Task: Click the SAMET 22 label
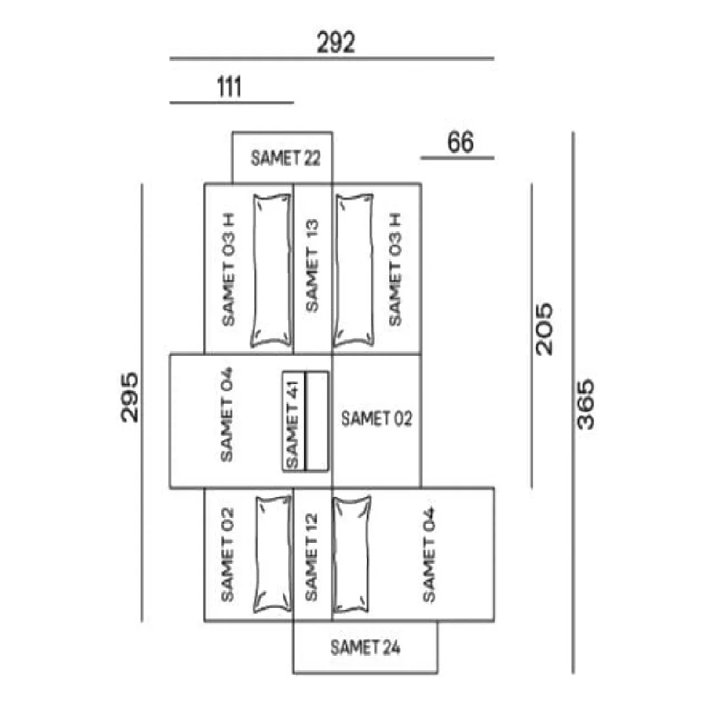point(286,158)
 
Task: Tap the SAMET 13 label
point(312,266)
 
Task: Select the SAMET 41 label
point(293,424)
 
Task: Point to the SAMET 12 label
point(312,557)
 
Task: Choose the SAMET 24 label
point(366,647)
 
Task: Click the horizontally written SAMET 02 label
point(377,419)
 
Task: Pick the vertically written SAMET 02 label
point(227,555)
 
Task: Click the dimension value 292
point(336,43)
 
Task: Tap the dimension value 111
point(229,87)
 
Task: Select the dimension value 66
point(460,142)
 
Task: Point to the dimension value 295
point(130,397)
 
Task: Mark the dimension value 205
point(544,329)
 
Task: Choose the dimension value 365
point(586,404)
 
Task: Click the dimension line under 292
point(332,58)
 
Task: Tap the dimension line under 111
point(232,102)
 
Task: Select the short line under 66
point(457,158)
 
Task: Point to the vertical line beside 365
point(573,402)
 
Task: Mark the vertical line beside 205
point(531,335)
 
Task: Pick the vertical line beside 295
point(142,402)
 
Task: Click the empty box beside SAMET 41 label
point(317,421)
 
